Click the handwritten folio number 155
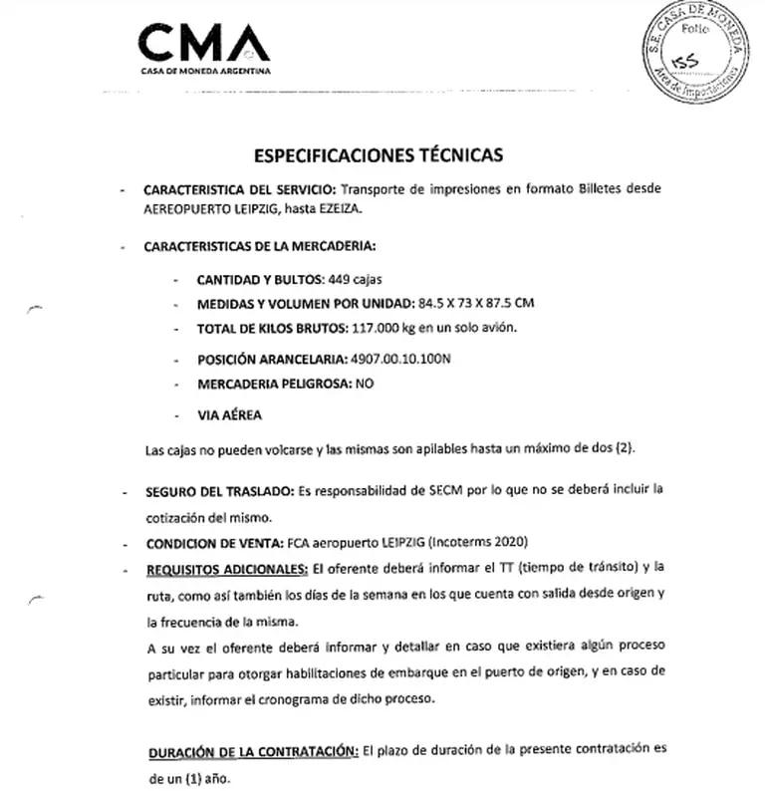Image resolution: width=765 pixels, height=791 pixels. [687, 61]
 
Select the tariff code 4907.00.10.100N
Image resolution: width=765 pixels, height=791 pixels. [402, 358]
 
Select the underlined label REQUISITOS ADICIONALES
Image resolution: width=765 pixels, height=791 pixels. [225, 569]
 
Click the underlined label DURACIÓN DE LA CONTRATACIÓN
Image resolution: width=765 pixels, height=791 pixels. [252, 751]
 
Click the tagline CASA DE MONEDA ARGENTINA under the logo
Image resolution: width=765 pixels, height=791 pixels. [204, 71]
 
